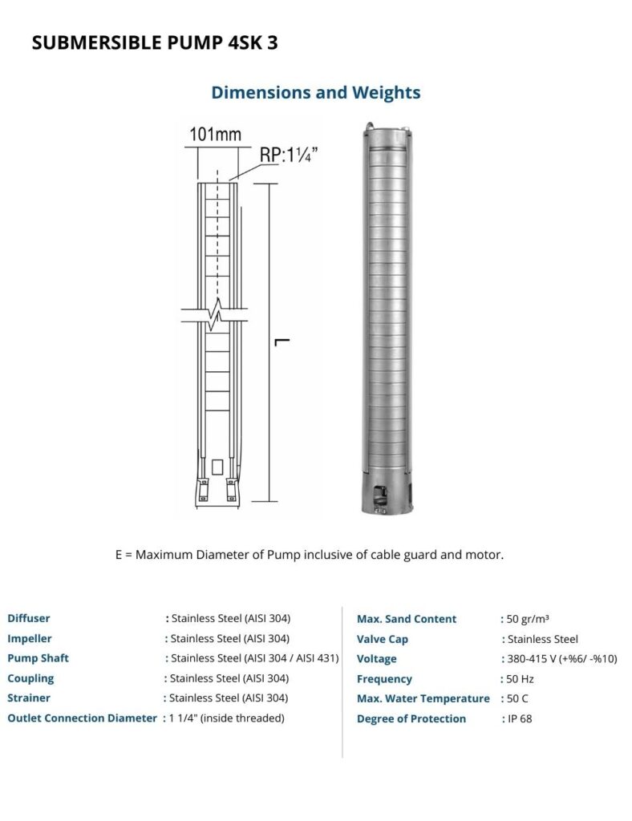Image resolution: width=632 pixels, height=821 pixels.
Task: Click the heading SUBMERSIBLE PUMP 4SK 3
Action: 155,42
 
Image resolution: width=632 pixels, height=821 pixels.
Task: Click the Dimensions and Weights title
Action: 316,93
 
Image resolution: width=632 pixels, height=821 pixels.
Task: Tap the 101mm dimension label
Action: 215,135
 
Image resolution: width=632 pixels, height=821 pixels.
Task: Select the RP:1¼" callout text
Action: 289,155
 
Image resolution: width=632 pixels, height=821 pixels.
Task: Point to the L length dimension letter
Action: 282,342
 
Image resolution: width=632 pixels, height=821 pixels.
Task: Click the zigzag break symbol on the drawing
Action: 215,314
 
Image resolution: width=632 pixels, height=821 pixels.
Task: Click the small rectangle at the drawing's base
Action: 218,467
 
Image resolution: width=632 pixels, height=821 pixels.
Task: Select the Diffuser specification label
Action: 29,618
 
